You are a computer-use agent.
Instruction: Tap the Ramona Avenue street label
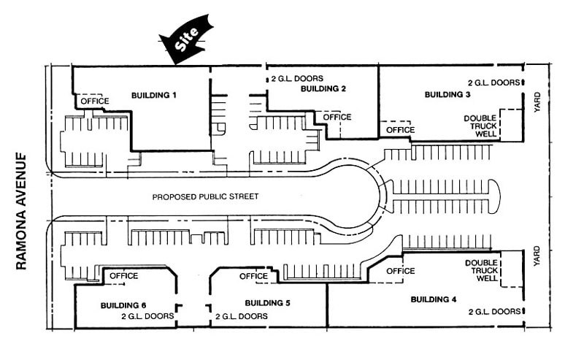(x=21, y=212)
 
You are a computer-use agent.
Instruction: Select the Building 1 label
(x=154, y=96)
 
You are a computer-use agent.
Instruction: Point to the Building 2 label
(x=323, y=88)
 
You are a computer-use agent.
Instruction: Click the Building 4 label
(x=434, y=299)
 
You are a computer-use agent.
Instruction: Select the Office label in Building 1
(x=95, y=101)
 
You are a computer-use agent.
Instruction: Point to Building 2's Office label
(x=337, y=117)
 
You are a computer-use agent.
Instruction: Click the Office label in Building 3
(x=400, y=129)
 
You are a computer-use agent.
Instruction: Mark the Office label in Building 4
(x=400, y=271)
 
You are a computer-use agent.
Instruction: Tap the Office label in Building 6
(x=123, y=275)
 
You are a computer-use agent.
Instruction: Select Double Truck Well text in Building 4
(x=480, y=271)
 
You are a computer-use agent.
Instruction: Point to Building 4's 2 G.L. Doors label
(x=493, y=311)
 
